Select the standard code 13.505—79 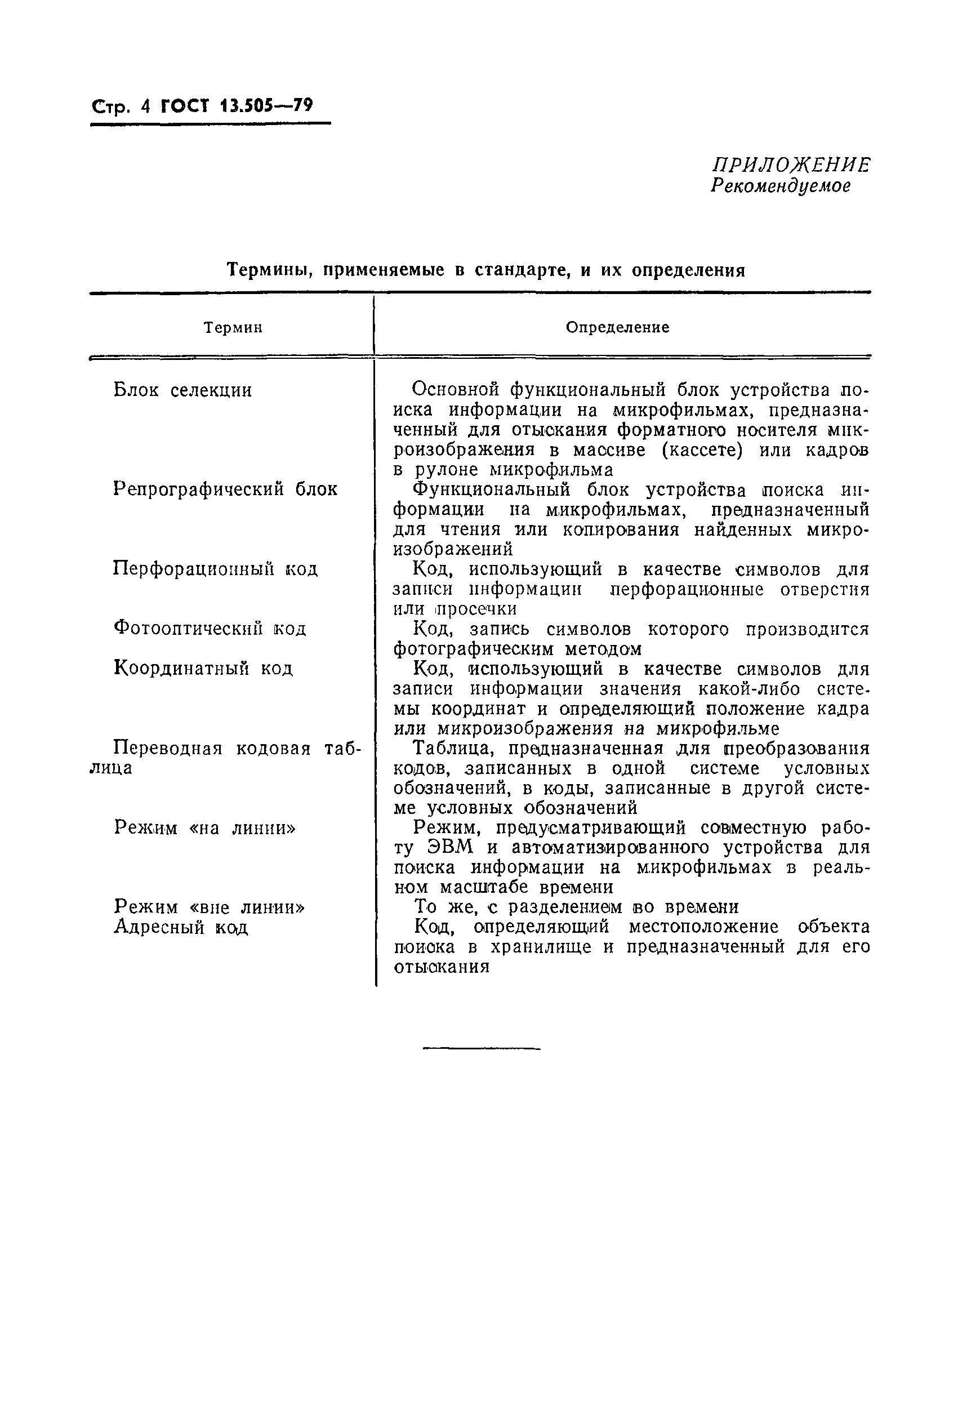point(266,106)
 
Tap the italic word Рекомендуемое point(780,186)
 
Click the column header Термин point(233,328)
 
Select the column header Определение point(617,328)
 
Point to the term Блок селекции point(182,390)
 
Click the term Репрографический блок point(225,489)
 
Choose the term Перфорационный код point(216,569)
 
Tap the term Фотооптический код point(210,629)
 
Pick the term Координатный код point(203,669)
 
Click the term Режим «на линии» point(205,828)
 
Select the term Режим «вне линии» point(210,907)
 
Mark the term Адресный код point(181,928)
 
